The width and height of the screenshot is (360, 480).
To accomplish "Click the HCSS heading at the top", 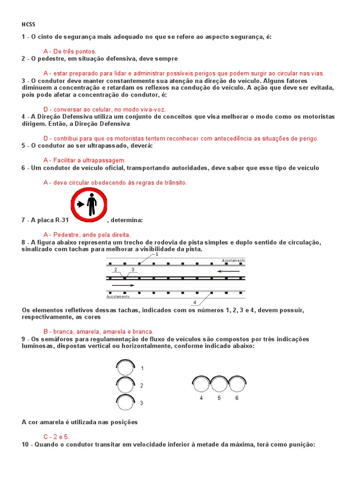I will coord(28,24).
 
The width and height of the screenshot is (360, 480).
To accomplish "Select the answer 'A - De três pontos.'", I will coord(69,51).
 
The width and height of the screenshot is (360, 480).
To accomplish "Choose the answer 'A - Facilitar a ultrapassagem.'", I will coord(84,160).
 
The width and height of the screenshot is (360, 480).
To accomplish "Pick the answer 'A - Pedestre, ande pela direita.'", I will coord(87,234).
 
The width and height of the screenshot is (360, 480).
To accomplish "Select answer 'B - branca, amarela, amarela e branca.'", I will coord(98,331).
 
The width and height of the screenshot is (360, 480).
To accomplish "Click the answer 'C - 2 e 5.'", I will coord(56,436).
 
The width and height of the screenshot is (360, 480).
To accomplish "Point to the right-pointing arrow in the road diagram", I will coord(123,285).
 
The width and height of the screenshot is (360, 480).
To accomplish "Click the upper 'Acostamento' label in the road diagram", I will coord(233,260).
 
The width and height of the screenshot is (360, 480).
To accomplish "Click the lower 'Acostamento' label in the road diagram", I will coord(118,297).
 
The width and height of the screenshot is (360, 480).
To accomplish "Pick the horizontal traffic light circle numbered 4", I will coord(201,385).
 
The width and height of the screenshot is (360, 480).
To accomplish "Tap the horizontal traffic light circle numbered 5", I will coord(219,385).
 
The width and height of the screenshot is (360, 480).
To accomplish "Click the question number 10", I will coord(25,444).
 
